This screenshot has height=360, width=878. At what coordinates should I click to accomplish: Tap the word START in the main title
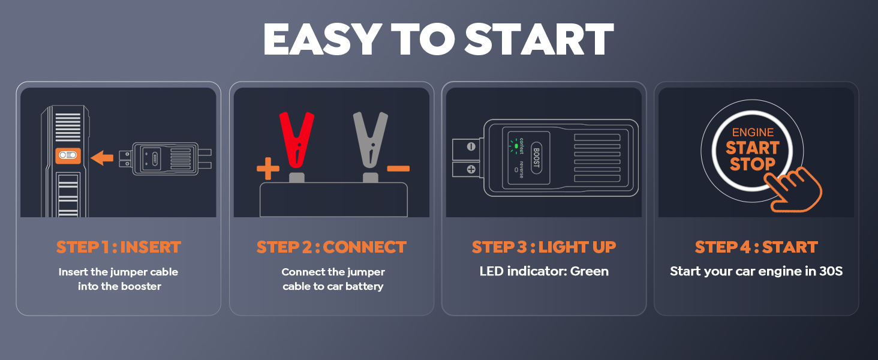pos(539,40)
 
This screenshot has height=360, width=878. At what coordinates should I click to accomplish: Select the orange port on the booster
pos(68,155)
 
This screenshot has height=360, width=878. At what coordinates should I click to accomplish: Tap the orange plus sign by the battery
pos(267,169)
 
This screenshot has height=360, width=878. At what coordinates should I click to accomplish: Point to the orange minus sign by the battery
pos(398,169)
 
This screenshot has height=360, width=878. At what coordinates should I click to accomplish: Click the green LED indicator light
pos(515,146)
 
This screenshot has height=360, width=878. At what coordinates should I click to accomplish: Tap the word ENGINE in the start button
pos(753,133)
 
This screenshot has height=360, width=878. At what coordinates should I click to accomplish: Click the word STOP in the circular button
pos(752,163)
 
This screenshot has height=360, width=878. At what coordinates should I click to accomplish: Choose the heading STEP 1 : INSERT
pos(118,247)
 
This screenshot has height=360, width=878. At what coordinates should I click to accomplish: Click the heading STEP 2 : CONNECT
pos(332,247)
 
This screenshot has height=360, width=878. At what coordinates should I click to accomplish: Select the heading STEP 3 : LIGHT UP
pos(544,247)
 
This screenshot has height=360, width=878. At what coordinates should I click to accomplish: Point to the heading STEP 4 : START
pos(756,247)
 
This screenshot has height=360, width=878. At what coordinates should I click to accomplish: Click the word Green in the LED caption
pos(590,271)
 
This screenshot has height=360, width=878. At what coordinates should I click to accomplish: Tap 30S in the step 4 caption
pos(831,271)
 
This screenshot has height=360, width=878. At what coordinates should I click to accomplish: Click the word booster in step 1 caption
pos(140,286)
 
